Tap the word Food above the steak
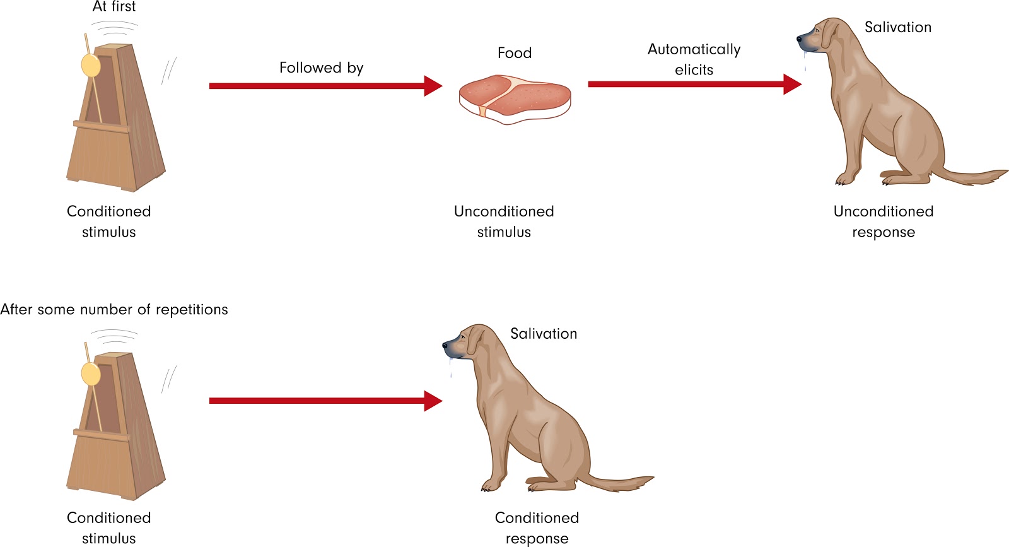point(515,53)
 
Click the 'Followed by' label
point(321,68)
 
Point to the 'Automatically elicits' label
point(694,59)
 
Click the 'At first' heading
point(114,7)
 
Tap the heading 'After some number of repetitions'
point(114,310)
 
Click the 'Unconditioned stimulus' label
point(504,221)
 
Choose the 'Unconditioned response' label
point(883,221)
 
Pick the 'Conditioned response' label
point(537,527)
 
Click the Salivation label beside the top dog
point(897,27)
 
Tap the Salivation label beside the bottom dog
point(544,334)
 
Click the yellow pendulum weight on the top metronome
point(91,65)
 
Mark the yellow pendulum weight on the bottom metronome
point(91,373)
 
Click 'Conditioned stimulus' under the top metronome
point(109,221)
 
